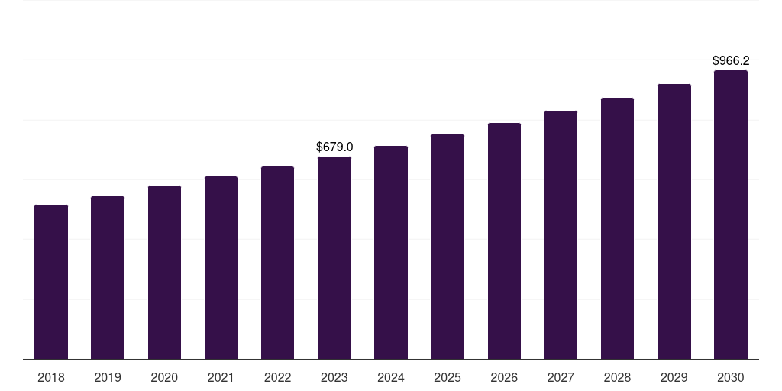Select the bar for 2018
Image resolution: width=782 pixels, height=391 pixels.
click(x=51, y=282)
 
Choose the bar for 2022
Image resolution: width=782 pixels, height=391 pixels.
click(x=277, y=263)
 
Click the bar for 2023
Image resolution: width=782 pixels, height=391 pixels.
click(x=334, y=257)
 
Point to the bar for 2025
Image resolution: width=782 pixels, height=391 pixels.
click(x=448, y=247)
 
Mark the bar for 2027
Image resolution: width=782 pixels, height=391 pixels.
click(x=561, y=234)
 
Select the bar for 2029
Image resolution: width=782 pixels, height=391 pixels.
click(x=674, y=221)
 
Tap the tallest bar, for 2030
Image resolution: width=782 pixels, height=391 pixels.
click(x=731, y=215)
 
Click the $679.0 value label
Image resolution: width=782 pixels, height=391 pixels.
click(x=334, y=147)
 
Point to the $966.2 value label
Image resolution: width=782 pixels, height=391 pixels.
click(x=731, y=60)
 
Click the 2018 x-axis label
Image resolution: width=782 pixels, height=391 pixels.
click(x=51, y=377)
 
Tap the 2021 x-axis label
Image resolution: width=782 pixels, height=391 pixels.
click(x=221, y=377)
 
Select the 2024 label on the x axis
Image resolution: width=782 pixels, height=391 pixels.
click(x=391, y=377)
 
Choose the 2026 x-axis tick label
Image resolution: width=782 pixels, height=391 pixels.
click(x=504, y=377)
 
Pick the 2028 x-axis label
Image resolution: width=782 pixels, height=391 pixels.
click(x=617, y=377)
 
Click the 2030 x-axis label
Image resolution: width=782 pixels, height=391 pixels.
click(x=731, y=377)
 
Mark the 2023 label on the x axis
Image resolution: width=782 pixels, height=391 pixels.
click(x=334, y=377)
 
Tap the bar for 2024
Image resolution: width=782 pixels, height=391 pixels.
click(x=391, y=252)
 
